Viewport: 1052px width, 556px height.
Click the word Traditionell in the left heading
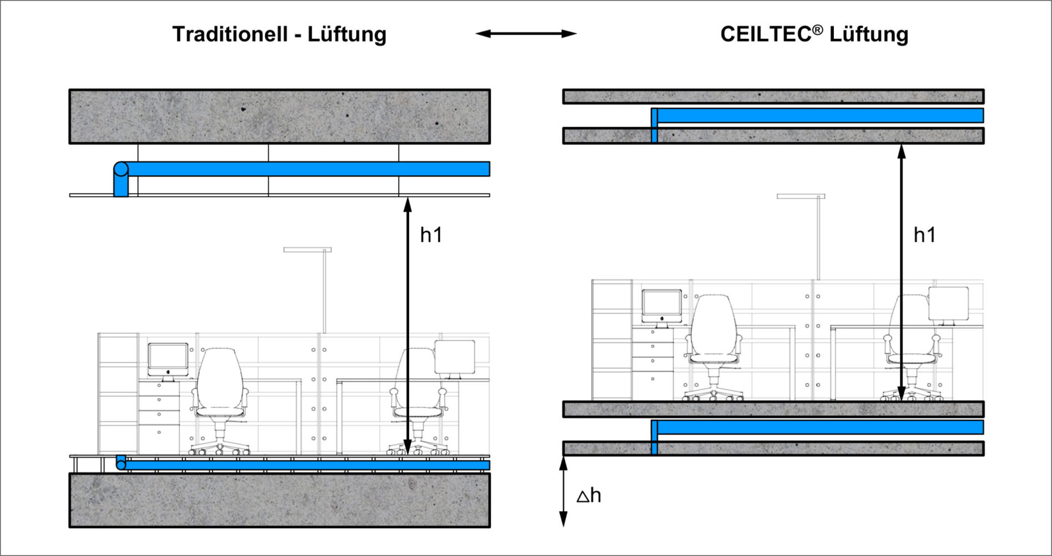[230, 34]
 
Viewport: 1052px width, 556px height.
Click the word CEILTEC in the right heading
[766, 34]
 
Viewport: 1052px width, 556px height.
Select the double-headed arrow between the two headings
[526, 34]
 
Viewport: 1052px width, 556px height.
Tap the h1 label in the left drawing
[431, 235]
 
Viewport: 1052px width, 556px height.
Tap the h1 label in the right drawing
[924, 235]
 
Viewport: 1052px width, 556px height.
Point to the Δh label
[589, 495]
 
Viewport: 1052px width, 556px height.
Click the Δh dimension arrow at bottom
[563, 491]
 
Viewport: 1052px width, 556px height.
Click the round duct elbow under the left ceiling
[121, 170]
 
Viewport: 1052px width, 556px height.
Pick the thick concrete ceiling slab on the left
[280, 116]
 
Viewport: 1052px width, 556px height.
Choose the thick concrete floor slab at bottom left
[280, 500]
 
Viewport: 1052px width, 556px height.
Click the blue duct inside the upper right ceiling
[819, 115]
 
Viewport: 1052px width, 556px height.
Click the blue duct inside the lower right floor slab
[819, 427]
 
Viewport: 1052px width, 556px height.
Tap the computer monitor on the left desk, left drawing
[168, 359]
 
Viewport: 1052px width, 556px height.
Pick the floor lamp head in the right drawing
[801, 196]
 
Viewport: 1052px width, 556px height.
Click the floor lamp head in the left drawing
[307, 250]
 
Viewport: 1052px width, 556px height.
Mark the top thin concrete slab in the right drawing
[773, 96]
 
